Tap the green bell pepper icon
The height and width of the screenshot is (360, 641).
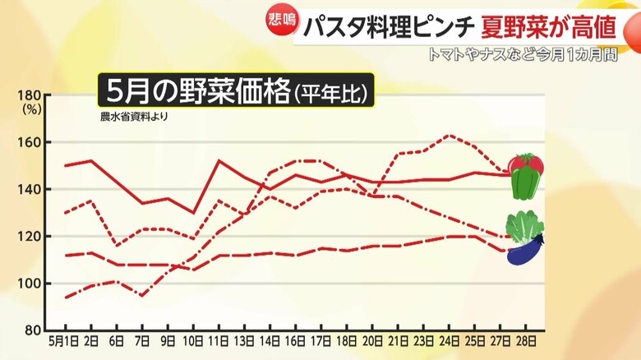pos(525,184)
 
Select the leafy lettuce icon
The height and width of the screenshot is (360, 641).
pos(523,225)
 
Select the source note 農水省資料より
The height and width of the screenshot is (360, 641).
pos(134,117)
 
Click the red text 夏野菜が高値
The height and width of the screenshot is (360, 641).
pos(549,27)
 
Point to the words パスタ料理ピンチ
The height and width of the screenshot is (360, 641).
pos(387,27)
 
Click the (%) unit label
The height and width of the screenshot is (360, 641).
pos(31,107)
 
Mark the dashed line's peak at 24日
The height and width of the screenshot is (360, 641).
pos(448,136)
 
